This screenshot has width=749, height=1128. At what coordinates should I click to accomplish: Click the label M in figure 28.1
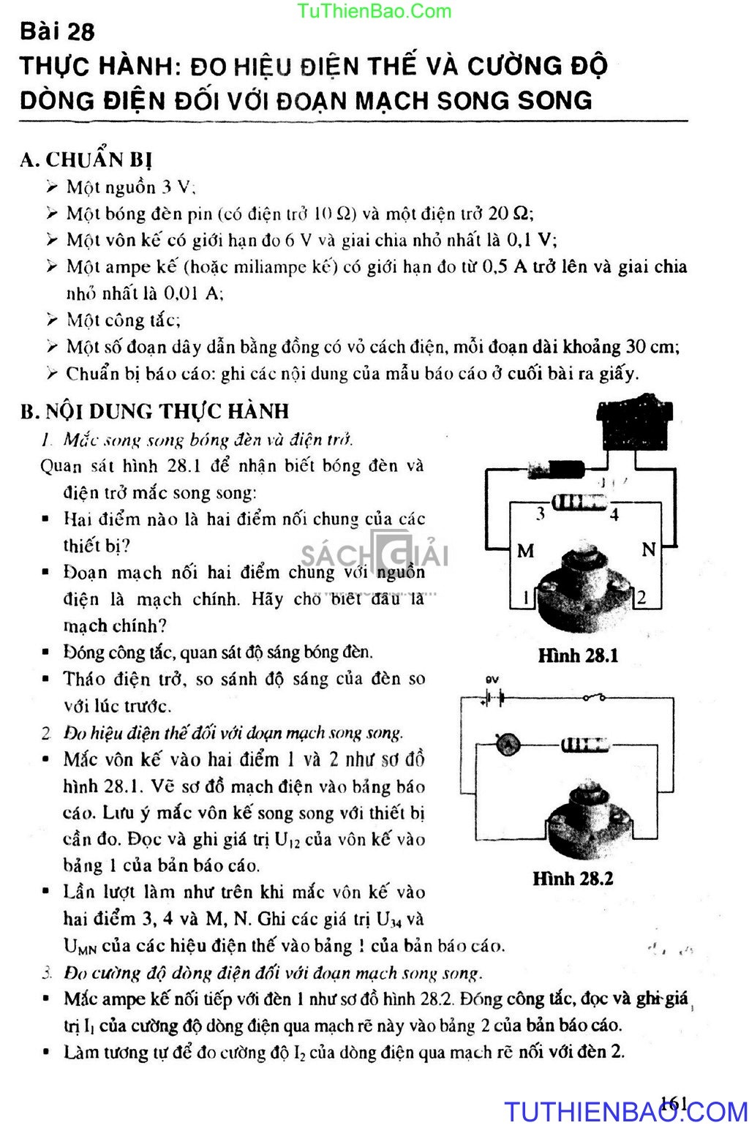tap(525, 551)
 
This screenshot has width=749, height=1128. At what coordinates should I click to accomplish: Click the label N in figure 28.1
tap(648, 549)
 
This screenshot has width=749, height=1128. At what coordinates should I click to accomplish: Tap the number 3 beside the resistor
tap(541, 513)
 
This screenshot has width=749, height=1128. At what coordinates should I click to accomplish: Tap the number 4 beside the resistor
tap(614, 514)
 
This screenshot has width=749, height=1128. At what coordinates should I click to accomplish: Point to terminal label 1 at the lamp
tap(525, 598)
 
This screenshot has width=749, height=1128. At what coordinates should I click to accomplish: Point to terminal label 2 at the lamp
tap(641, 597)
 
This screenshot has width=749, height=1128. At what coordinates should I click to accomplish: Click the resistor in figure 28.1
tap(579, 503)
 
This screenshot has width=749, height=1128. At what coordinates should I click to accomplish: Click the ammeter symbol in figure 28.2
tap(508, 745)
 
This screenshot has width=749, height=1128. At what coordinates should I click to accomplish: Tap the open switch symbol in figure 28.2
tap(592, 698)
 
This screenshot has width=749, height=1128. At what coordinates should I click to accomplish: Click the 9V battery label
tap(492, 680)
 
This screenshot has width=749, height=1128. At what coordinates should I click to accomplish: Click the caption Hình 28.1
tap(578, 655)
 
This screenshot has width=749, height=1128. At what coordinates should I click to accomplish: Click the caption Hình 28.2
tap(573, 878)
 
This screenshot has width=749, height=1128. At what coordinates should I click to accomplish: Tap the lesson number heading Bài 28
tap(58, 31)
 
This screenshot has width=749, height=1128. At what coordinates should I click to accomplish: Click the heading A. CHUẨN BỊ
tap(86, 159)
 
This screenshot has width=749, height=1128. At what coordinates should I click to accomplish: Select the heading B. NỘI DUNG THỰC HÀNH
tap(155, 411)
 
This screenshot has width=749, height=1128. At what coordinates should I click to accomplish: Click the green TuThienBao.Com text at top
tap(375, 10)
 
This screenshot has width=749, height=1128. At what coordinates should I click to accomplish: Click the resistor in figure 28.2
tap(584, 745)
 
